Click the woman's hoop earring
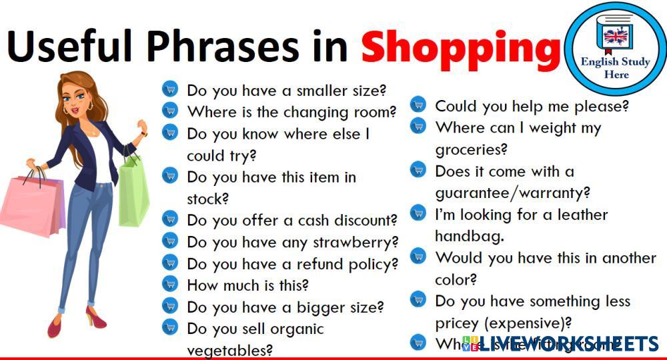point(89,106)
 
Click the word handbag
point(469,236)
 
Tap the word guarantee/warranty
point(513,193)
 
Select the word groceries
point(472,149)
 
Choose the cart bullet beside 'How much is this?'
point(170,285)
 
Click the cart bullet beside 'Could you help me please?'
point(418,105)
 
